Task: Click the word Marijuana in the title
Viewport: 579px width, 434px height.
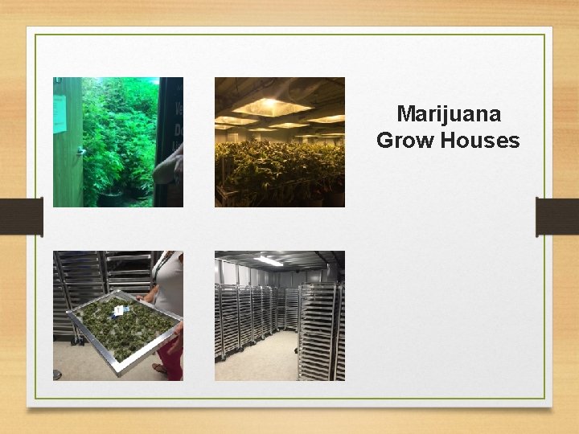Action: click(x=449, y=113)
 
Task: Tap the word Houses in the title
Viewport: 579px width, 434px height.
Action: click(x=481, y=141)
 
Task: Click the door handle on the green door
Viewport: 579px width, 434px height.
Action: click(x=80, y=150)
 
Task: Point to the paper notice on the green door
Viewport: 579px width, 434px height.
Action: click(x=60, y=113)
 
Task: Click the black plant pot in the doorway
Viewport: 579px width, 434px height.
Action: click(x=111, y=197)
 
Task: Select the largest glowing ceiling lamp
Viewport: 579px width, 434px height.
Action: click(x=272, y=106)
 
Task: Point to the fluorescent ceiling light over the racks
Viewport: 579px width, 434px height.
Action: click(x=268, y=260)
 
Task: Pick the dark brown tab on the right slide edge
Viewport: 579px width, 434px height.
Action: click(x=557, y=217)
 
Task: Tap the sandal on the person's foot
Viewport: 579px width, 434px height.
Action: click(x=161, y=370)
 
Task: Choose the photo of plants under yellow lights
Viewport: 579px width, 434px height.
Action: click(x=279, y=142)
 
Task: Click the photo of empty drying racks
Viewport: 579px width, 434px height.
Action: click(x=279, y=316)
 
